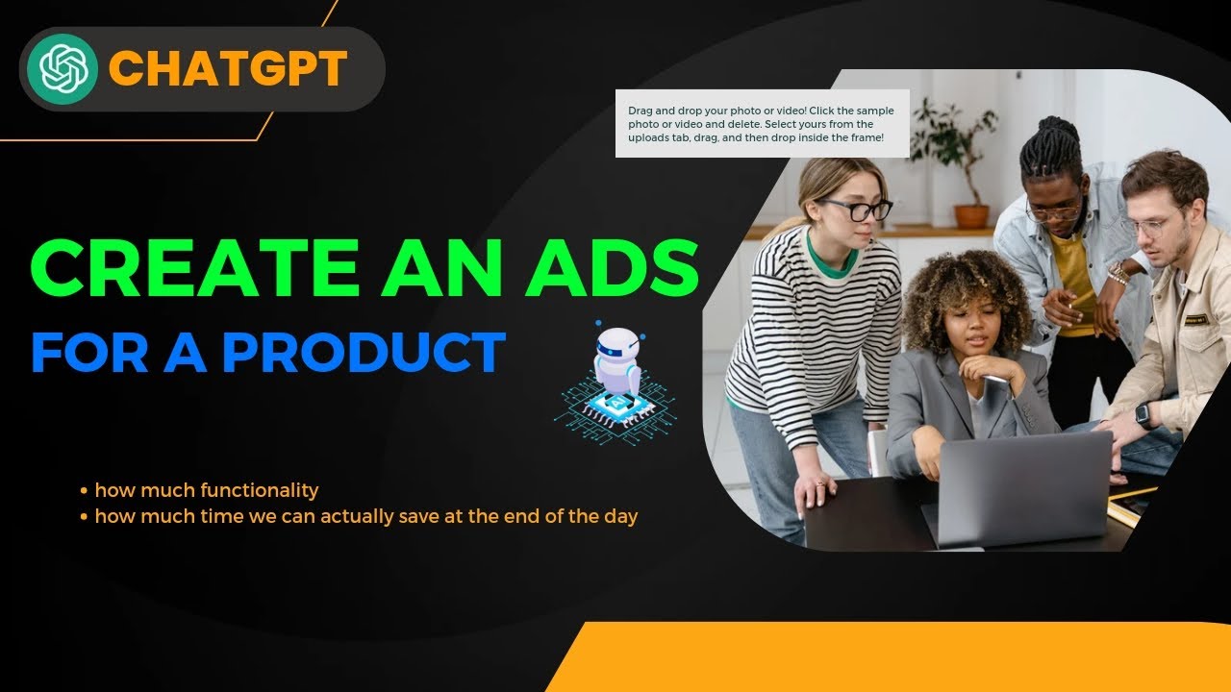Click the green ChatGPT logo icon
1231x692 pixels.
[x=63, y=68]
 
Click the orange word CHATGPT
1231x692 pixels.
[x=228, y=69]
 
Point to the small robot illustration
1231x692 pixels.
[x=616, y=375]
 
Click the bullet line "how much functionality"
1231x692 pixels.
[x=206, y=490]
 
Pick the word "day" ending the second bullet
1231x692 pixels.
[x=620, y=516]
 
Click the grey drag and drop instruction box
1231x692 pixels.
[x=762, y=124]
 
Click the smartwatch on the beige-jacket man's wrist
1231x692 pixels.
[x=1143, y=414]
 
